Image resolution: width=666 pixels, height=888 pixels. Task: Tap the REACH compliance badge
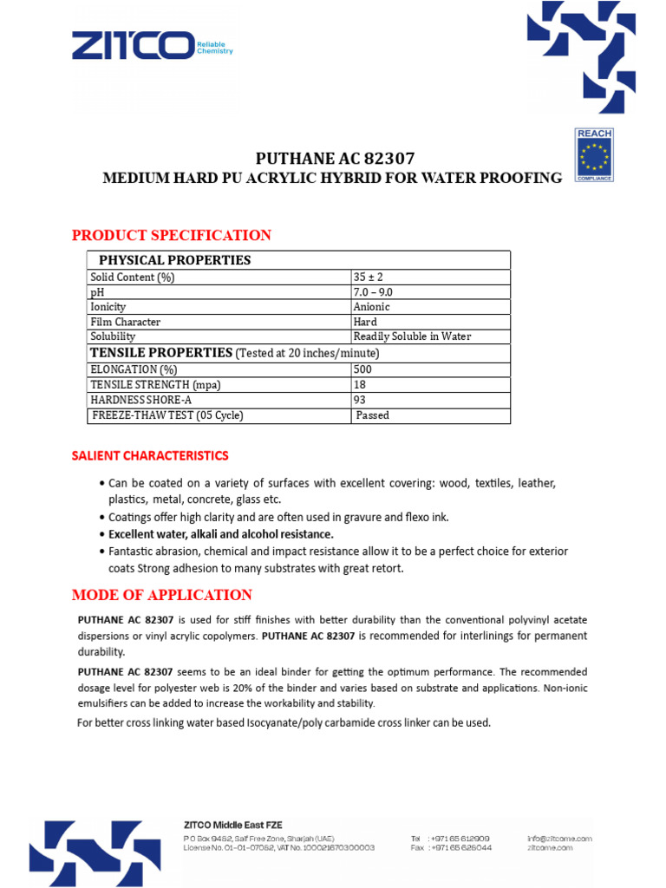pyautogui.click(x=594, y=154)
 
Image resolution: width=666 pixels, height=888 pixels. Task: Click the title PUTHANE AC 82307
pyautogui.click(x=335, y=159)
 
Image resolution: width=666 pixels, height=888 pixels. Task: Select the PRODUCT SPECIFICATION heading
pyautogui.click(x=172, y=235)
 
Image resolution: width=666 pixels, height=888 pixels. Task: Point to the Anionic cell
pyautogui.click(x=372, y=307)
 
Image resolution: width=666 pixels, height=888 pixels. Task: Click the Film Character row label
pyautogui.click(x=125, y=322)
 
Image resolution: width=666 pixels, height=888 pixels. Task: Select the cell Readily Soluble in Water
pyautogui.click(x=412, y=336)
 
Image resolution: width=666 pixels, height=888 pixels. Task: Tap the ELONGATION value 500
pyautogui.click(x=362, y=369)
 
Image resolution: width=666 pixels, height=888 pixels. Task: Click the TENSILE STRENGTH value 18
pyautogui.click(x=360, y=384)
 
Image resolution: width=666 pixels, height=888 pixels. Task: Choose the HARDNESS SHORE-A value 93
pyautogui.click(x=360, y=400)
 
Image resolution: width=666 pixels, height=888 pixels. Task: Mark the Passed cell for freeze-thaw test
pyautogui.click(x=373, y=415)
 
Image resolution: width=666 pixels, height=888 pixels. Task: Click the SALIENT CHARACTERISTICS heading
pyautogui.click(x=150, y=455)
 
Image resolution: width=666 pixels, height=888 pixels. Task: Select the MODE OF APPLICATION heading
pyautogui.click(x=162, y=595)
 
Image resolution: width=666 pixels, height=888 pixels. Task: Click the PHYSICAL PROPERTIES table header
pyautogui.click(x=175, y=260)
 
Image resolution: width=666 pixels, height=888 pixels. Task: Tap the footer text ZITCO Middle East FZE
pyautogui.click(x=232, y=825)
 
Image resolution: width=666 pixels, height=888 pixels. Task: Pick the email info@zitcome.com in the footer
pyautogui.click(x=559, y=839)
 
